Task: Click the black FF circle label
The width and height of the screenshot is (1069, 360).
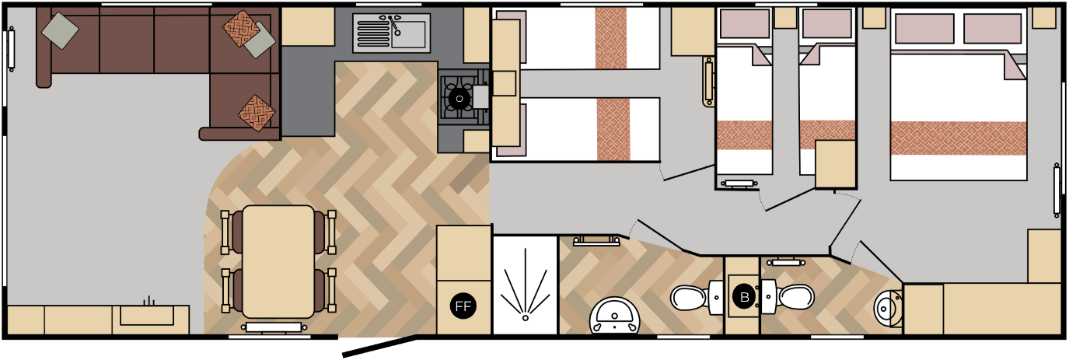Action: (463, 306)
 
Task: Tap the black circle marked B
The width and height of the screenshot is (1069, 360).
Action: (744, 296)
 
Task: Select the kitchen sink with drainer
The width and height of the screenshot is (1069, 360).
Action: (391, 33)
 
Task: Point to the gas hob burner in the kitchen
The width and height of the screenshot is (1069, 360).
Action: (459, 99)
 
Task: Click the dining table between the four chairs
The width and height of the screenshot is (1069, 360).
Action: (278, 260)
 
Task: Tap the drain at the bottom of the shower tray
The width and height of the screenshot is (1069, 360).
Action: (525, 317)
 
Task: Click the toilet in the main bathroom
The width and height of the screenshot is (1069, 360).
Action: (692, 298)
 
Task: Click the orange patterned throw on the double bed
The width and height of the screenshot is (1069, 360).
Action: (958, 138)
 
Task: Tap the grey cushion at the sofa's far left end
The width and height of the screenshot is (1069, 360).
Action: (60, 30)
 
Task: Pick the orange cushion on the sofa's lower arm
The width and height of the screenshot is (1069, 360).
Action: (257, 114)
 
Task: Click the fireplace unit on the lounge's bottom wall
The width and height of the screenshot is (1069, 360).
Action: (147, 314)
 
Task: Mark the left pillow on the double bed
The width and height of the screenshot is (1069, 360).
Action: (924, 29)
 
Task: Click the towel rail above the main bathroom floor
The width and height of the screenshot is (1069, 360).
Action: (596, 241)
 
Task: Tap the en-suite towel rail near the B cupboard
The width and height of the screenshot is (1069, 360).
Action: (786, 263)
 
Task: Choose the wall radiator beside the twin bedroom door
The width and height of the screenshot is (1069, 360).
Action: (708, 81)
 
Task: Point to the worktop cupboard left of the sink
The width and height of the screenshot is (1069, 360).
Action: (308, 26)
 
